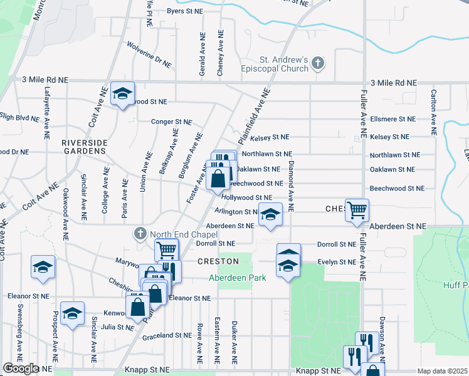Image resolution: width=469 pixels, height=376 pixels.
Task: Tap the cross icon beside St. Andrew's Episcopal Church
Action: (x=319, y=63)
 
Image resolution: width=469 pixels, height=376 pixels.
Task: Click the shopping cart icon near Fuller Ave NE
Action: (x=357, y=211)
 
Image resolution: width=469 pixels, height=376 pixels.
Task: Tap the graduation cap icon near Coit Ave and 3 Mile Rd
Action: (x=122, y=93)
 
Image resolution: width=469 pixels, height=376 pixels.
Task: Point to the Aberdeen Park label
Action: (x=238, y=277)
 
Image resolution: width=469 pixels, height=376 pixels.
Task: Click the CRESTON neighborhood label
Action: (x=218, y=261)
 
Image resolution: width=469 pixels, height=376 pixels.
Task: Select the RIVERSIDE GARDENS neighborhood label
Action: (x=84, y=147)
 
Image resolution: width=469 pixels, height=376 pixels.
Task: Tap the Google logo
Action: (x=21, y=368)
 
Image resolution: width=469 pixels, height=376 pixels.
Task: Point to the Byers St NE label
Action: (x=186, y=11)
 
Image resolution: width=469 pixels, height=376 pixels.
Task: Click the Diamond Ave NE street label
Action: (x=291, y=185)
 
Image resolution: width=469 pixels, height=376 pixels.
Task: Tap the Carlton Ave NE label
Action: (x=433, y=113)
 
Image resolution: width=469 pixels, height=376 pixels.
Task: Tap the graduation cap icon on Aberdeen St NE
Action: (x=270, y=216)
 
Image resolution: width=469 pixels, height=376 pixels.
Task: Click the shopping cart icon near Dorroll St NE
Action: (x=166, y=249)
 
